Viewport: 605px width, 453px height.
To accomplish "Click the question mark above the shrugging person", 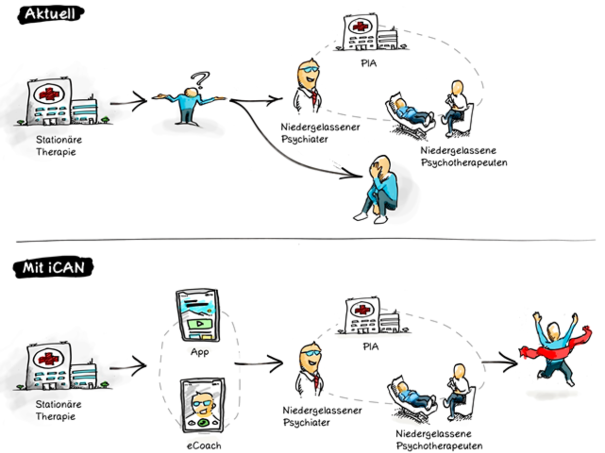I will coord(202,80).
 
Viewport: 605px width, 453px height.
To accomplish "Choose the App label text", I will coord(199,352).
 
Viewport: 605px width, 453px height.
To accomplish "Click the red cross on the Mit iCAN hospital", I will coord(49,358).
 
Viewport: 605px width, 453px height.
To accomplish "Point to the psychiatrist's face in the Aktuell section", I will coord(308,76).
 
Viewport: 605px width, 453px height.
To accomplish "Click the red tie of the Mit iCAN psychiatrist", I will coord(316,381).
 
